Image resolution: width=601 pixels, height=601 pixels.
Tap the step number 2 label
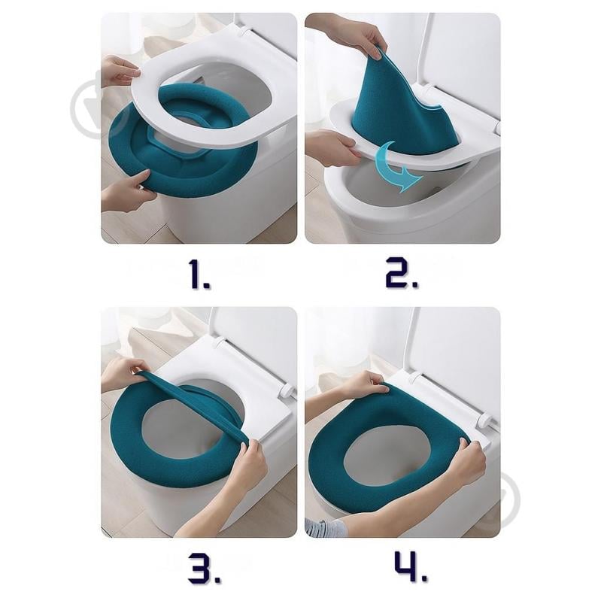pyautogui.click(x=402, y=274)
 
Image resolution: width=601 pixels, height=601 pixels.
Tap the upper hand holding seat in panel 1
pyautogui.click(x=120, y=71)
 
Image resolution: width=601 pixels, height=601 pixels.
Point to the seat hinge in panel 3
pyautogui.click(x=287, y=391)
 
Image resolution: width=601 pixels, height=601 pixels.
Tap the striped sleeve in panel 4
pyautogui.click(x=322, y=528)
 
